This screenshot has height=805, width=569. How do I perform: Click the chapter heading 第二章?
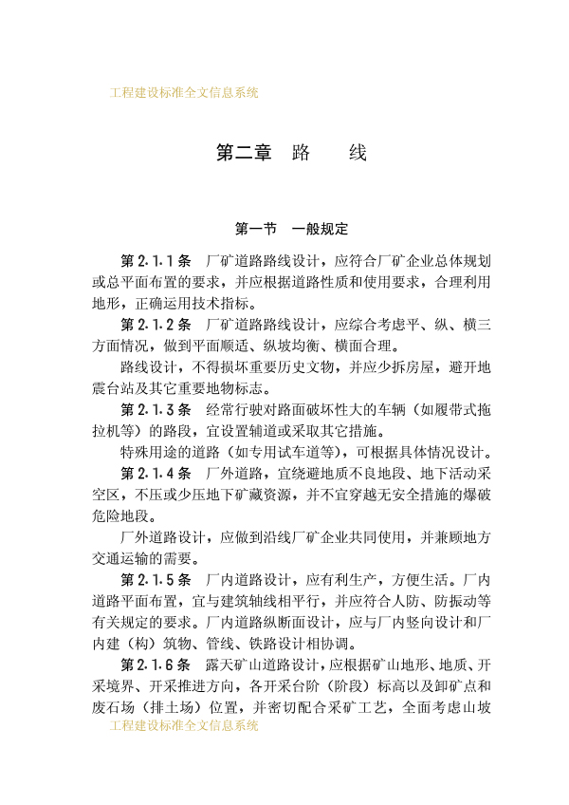[x=244, y=153]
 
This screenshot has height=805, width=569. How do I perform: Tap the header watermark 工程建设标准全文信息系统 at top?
[x=184, y=93]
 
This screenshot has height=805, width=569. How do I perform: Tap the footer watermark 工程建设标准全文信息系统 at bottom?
[x=184, y=725]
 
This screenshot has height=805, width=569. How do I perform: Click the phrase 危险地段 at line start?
[x=120, y=515]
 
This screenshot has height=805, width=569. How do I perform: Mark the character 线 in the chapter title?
[x=357, y=153]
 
